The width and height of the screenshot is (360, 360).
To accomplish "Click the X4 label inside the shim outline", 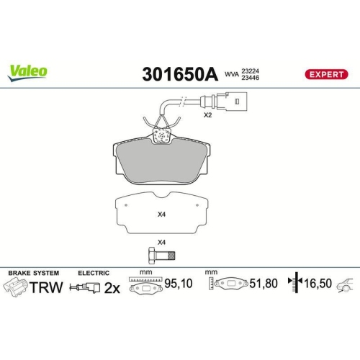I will (162, 213).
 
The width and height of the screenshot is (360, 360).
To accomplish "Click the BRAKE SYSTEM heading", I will (33, 274).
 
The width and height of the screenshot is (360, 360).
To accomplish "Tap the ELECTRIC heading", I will (94, 274).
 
